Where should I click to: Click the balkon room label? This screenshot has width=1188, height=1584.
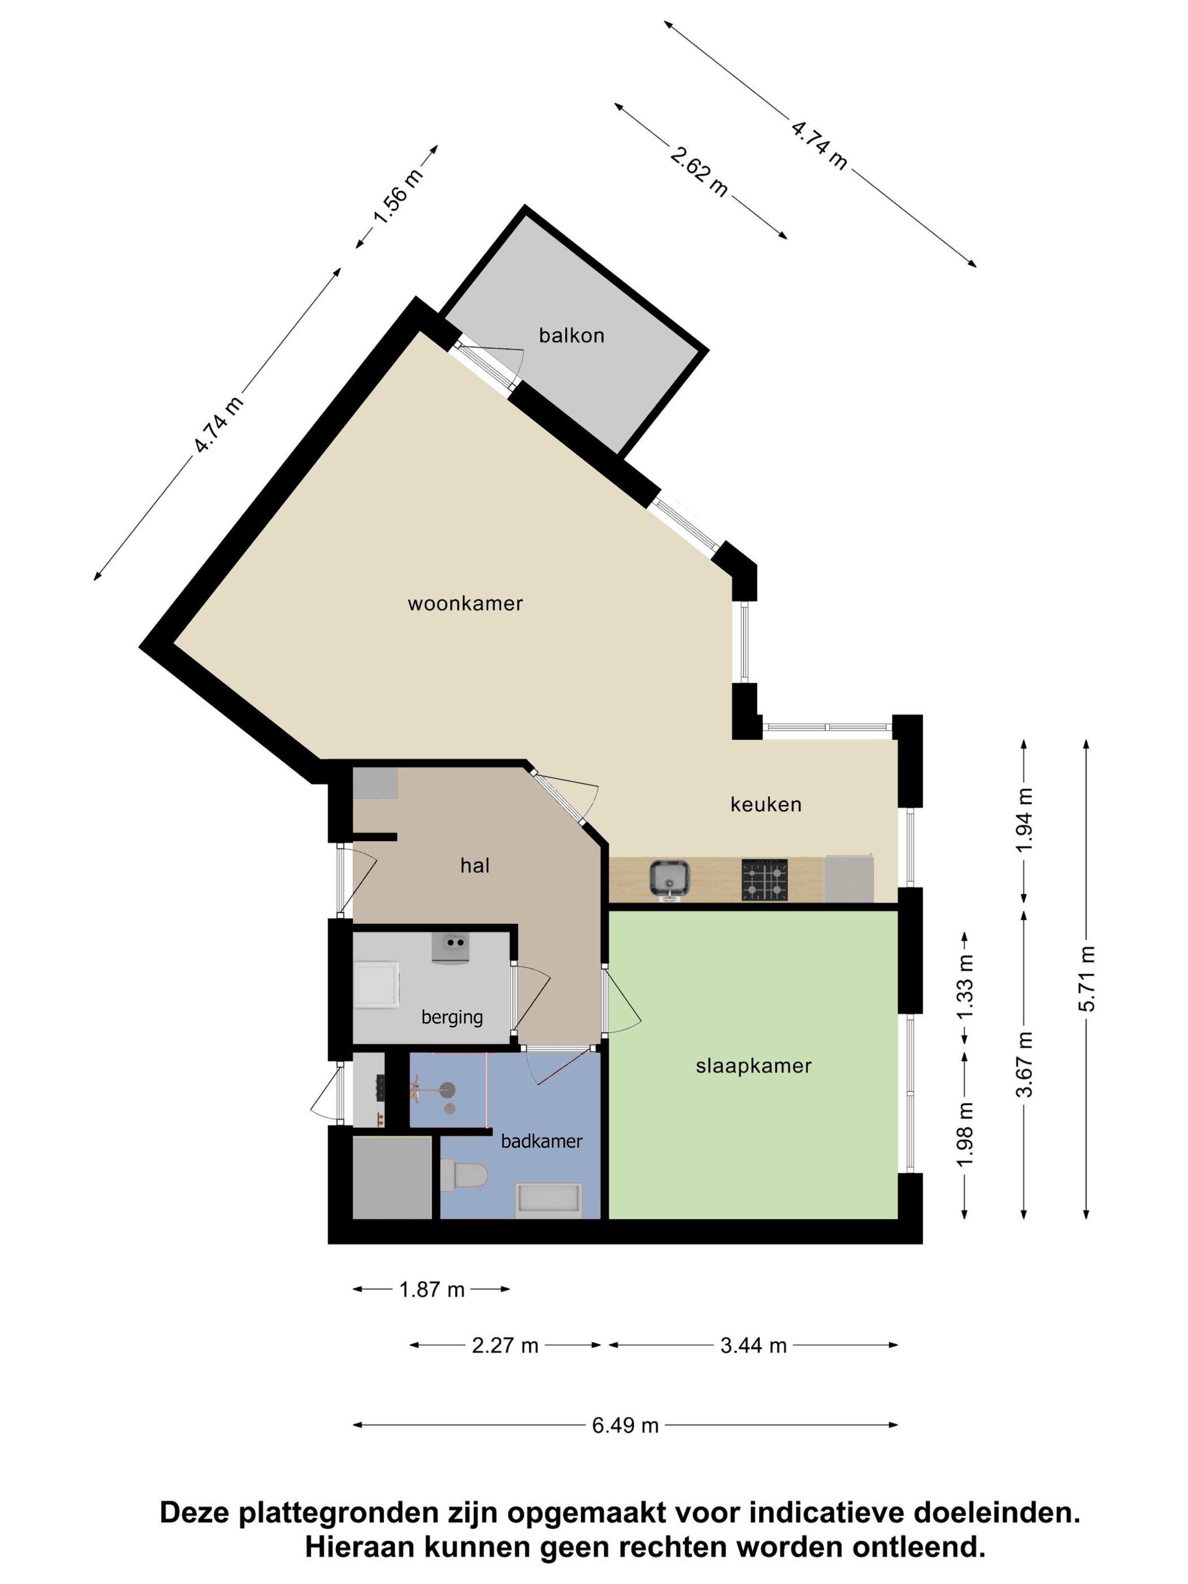tap(571, 336)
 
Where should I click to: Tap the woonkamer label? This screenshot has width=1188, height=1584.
tap(466, 604)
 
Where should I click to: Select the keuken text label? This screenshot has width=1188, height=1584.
tap(765, 805)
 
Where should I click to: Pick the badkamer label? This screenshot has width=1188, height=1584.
tap(541, 1142)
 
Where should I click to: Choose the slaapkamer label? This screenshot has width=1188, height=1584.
tap(754, 1066)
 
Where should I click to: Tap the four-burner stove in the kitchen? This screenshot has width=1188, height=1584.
tap(764, 880)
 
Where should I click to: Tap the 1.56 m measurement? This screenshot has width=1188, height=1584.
tap(398, 197)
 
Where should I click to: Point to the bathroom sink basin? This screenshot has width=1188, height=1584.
tap(447, 1091)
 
